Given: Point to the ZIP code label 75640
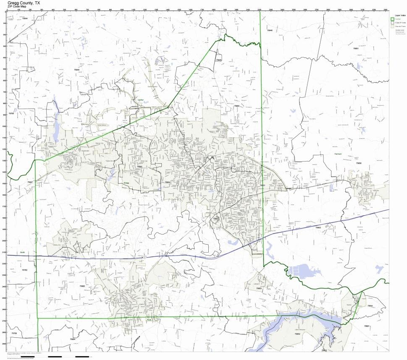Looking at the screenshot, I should coord(270,31).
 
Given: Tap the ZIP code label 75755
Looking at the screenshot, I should coord(11,113).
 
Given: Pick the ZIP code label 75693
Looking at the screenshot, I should coord(139,167).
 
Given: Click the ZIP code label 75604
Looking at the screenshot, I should coord(168,182).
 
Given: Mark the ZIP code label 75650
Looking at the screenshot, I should coord(359,163).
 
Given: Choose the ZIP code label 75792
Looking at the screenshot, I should coord(24,270).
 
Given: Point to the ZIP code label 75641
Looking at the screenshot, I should coord(370,306).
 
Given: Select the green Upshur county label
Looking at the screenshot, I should coord(140,100).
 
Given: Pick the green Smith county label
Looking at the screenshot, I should coord(22,253).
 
